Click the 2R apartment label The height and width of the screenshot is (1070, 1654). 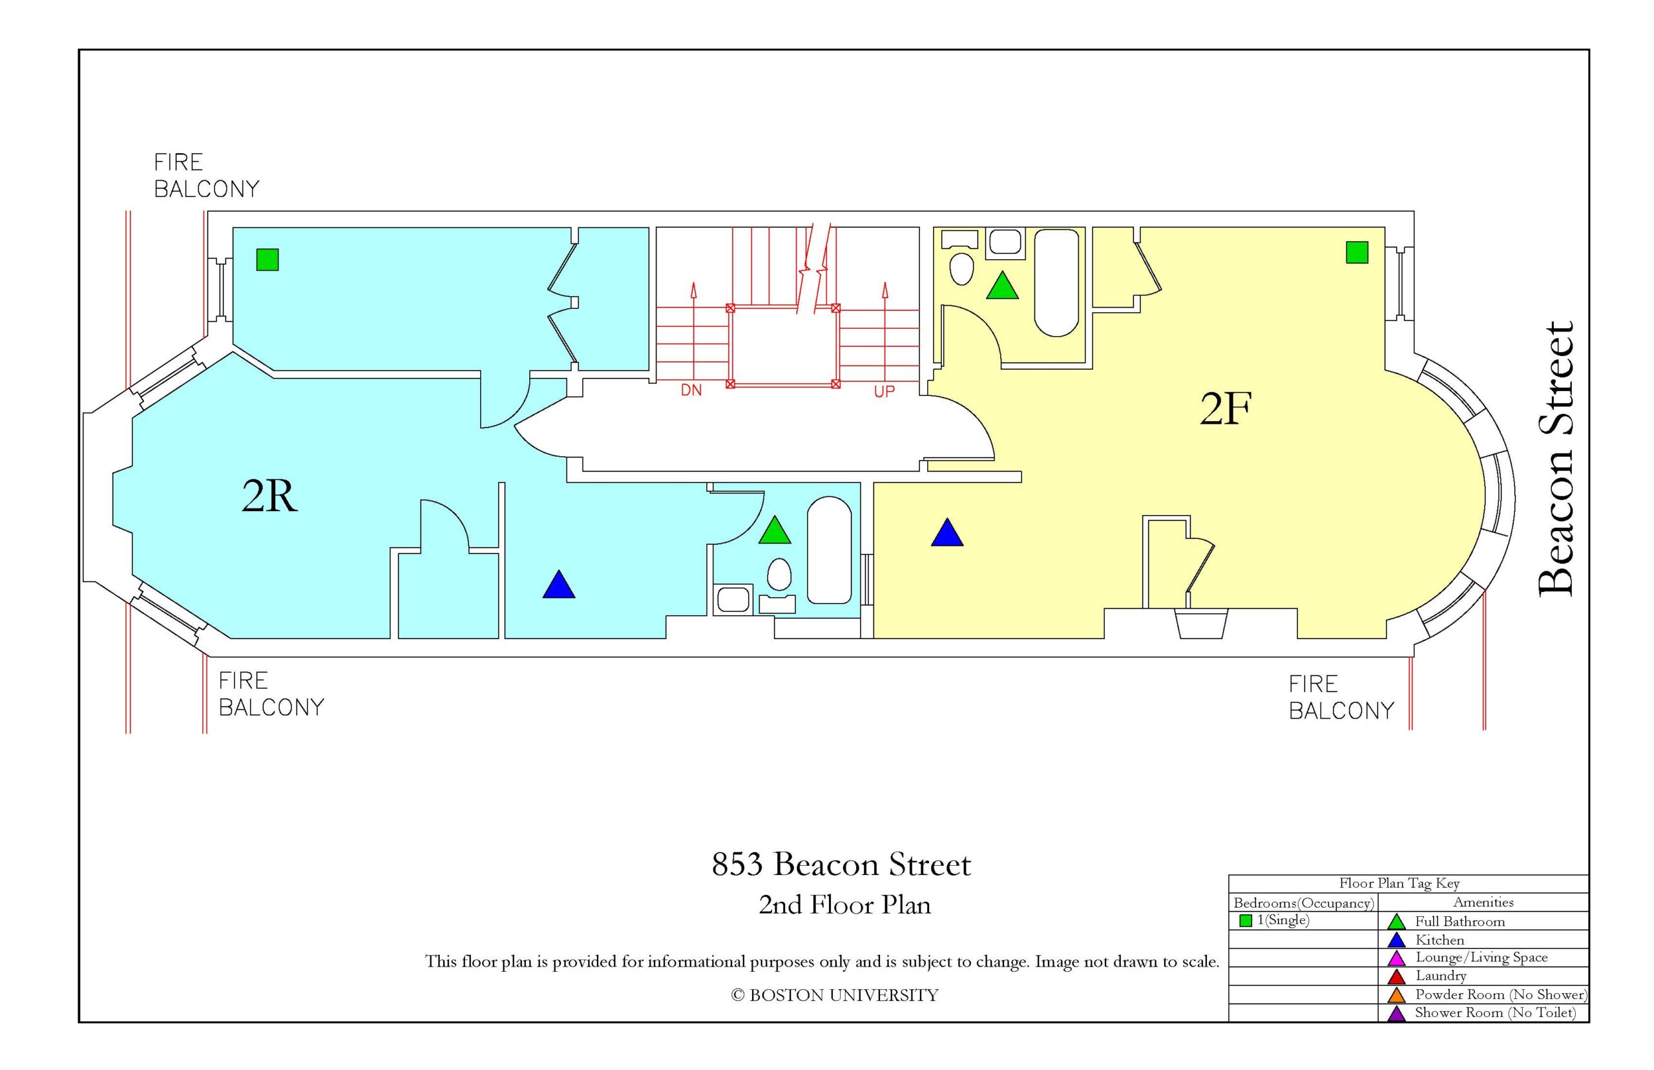tap(269, 496)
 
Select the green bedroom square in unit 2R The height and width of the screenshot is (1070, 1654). tap(267, 259)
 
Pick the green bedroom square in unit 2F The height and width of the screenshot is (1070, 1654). tap(1357, 252)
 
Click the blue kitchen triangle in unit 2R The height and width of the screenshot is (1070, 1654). tap(558, 585)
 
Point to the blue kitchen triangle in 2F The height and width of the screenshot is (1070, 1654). tap(947, 533)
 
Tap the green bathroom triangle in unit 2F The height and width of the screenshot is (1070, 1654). tap(1001, 286)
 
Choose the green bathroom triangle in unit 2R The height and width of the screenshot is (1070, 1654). tap(775, 530)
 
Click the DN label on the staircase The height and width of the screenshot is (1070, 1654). tap(691, 390)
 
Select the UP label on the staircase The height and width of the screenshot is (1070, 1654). tap(884, 392)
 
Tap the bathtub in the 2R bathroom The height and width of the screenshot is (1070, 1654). tap(829, 550)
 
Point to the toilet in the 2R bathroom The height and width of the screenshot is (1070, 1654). tap(779, 575)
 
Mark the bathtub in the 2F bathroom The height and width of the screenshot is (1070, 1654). tap(1056, 283)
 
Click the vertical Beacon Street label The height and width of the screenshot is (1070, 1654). tap(1555, 459)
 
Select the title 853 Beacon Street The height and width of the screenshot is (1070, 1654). tap(841, 865)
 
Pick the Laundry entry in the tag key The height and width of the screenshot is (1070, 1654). tap(1440, 976)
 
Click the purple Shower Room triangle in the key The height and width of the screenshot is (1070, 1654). tap(1396, 1014)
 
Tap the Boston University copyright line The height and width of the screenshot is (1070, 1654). tap(834, 995)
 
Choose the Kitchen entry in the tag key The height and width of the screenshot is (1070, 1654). tap(1439, 940)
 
